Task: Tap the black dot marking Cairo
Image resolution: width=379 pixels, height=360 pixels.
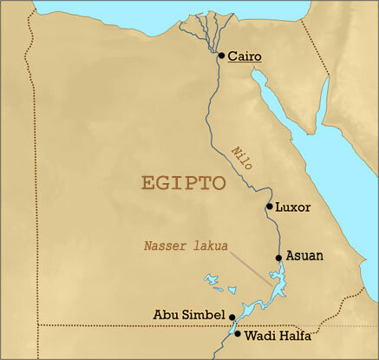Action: pos(222,56)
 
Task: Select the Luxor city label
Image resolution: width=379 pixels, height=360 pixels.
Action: pos(293,207)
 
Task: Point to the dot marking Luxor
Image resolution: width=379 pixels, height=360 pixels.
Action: pos(270,206)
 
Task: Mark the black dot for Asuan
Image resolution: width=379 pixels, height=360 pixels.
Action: pos(278,257)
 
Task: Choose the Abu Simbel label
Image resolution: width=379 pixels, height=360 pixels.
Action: pos(190,315)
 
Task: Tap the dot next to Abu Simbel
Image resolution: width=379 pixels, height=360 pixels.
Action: pos(233,316)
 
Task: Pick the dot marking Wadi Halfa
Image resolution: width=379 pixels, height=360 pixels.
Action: pos(239,333)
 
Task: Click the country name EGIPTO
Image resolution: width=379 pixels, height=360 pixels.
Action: pos(183,184)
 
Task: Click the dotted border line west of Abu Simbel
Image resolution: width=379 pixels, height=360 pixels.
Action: pos(104,325)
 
